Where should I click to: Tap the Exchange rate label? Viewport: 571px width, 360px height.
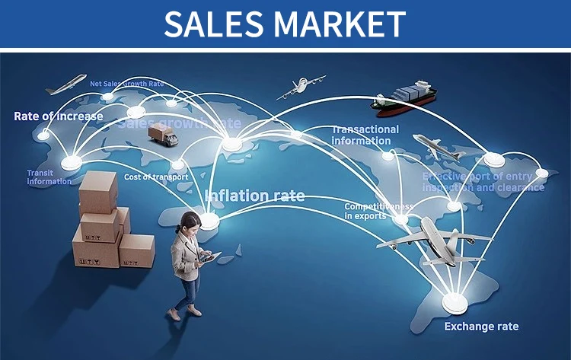[x=481, y=327]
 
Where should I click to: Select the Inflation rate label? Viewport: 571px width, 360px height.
[x=255, y=196]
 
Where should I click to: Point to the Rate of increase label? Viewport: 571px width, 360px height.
[x=58, y=116]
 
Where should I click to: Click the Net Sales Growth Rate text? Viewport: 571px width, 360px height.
[x=127, y=84]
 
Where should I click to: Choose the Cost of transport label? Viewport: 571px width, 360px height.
[x=155, y=177]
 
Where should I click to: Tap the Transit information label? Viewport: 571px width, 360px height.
[x=49, y=177]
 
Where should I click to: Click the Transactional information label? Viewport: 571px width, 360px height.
[x=365, y=134]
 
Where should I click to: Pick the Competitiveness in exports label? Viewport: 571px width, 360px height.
[x=378, y=211]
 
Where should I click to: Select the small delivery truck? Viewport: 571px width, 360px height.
[x=163, y=135]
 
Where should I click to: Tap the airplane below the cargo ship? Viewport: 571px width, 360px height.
[x=436, y=147]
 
